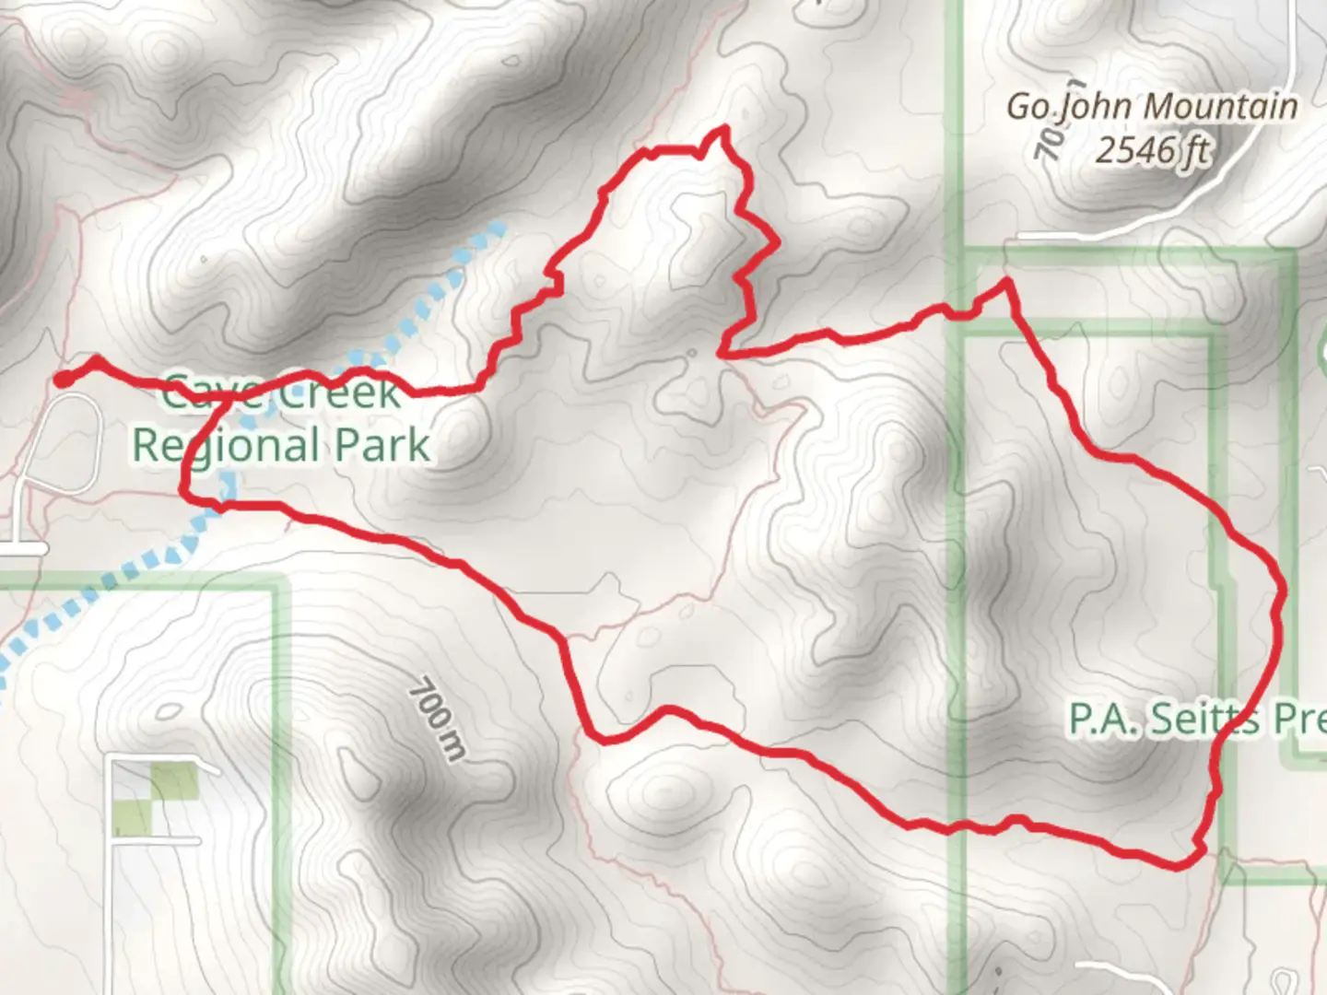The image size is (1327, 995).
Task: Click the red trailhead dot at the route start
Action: click(63, 379)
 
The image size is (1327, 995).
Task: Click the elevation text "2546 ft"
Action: click(1151, 149)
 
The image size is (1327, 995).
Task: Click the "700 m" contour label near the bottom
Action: click(438, 719)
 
